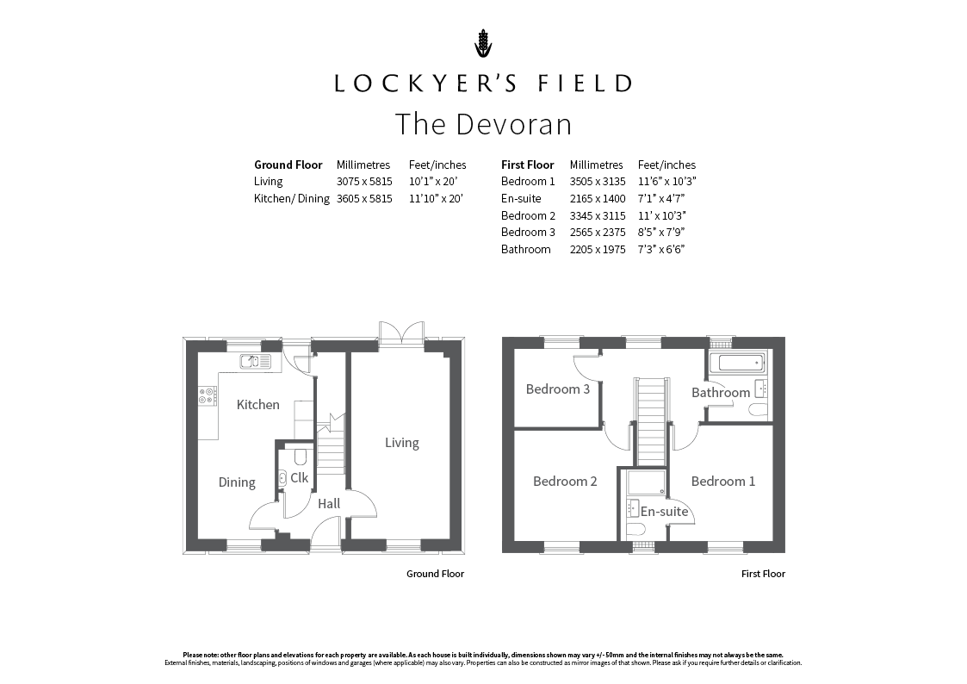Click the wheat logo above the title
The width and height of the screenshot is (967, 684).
[484, 43]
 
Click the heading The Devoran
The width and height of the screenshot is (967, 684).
[484, 124]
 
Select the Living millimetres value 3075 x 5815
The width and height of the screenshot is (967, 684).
[364, 181]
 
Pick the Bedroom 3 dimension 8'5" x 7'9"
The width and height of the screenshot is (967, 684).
[661, 232]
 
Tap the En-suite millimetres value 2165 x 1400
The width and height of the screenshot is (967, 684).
[598, 199]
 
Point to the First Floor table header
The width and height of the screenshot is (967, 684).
[527, 165]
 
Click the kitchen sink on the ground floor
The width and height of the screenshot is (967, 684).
[256, 362]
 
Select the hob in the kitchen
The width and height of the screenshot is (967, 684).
[208, 396]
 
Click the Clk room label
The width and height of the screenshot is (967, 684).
[299, 477]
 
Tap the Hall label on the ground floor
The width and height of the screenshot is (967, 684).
[329, 504]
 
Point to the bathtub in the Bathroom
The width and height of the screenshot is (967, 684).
[737, 362]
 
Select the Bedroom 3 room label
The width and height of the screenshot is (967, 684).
[557, 389]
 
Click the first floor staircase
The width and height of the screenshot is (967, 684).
[651, 421]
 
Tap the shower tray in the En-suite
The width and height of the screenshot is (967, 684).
[647, 483]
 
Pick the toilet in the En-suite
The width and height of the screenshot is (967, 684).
[635, 530]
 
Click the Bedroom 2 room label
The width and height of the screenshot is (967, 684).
[565, 481]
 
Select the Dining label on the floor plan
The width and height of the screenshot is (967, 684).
[237, 482]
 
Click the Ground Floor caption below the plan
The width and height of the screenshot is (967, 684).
[435, 574]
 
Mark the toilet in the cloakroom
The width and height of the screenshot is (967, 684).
[301, 457]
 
